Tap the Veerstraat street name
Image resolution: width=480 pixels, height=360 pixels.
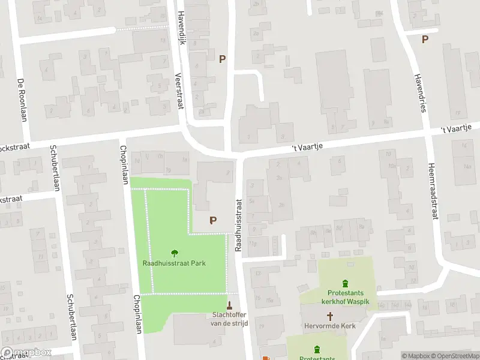(178, 91)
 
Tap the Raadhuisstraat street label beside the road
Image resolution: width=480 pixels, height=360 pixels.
(238, 225)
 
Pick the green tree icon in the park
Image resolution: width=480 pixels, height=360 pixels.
(175, 253)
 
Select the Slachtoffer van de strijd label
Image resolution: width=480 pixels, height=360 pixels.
(229, 319)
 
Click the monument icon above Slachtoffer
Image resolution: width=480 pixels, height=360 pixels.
(229, 304)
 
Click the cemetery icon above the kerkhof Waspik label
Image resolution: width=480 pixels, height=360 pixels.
(345, 284)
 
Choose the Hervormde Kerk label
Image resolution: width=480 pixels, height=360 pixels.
(329, 327)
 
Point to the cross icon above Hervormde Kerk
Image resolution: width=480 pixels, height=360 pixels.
(329, 316)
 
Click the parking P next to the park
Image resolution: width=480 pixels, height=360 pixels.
(212, 220)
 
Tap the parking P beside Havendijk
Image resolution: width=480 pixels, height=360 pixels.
(223, 59)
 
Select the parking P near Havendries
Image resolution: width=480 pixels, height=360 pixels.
(425, 40)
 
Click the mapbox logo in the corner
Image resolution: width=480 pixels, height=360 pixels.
(26, 353)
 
